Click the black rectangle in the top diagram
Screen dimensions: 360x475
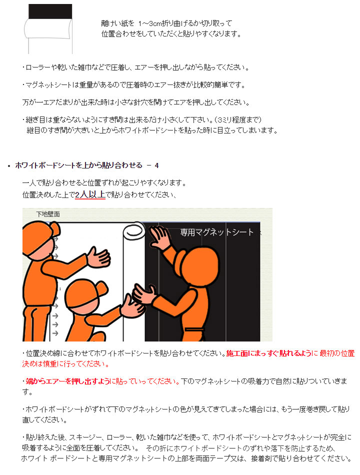tap(50, 11)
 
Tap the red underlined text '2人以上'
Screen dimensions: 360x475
tap(90, 194)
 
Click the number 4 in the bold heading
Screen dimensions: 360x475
tap(156, 165)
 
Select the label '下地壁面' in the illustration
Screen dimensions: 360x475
tap(48, 214)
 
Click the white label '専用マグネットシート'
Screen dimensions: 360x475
tap(216, 232)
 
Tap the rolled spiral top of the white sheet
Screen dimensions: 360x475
tap(133, 231)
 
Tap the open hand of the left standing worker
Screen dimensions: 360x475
tap(99, 257)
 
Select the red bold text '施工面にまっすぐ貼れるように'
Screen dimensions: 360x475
tap(269, 353)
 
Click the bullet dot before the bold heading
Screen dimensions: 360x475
tap(9, 166)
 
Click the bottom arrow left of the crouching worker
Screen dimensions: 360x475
tap(55, 333)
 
